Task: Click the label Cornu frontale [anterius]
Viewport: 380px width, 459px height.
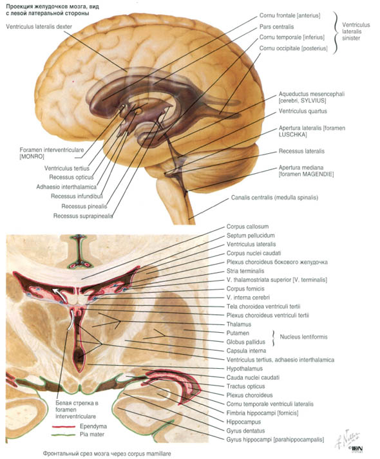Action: click(x=290, y=15)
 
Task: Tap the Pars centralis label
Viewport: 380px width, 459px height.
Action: click(x=276, y=27)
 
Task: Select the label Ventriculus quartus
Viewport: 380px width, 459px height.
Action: click(x=303, y=111)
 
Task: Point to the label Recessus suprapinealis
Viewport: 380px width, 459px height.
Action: click(x=83, y=216)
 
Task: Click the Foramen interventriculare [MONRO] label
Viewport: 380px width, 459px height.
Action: click(x=52, y=153)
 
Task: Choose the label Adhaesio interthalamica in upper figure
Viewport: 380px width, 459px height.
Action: click(x=66, y=187)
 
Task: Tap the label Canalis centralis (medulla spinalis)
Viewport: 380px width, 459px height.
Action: click(x=274, y=198)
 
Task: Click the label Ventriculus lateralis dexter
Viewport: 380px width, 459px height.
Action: click(x=39, y=26)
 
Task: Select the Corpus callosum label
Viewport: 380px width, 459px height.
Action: click(x=247, y=227)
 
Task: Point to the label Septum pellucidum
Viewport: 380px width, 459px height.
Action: click(x=251, y=236)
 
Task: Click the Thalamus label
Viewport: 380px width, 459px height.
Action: click(x=238, y=324)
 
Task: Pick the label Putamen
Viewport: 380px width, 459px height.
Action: click(x=238, y=333)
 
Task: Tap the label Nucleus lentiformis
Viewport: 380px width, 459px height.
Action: click(x=303, y=337)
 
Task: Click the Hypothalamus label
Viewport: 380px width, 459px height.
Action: click(x=245, y=369)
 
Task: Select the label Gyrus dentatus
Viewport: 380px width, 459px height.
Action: click(x=245, y=431)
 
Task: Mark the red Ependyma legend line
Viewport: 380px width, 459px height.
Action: click(x=64, y=427)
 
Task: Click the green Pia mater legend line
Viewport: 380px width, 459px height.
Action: click(x=64, y=435)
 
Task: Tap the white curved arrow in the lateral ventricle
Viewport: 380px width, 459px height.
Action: click(x=60, y=294)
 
